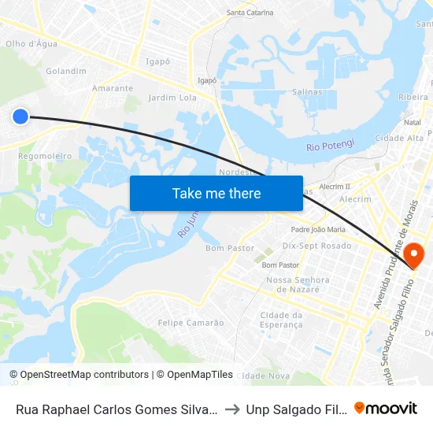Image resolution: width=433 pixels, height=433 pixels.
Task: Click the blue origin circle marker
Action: pyautogui.click(x=20, y=117)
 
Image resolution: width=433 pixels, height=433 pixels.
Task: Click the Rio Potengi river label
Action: pyautogui.click(x=331, y=145)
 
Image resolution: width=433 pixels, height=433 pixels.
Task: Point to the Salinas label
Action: pyautogui.click(x=306, y=92)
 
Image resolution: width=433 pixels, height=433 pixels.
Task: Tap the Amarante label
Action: pyautogui.click(x=112, y=88)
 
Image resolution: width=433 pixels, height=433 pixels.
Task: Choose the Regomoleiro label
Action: pyautogui.click(x=45, y=156)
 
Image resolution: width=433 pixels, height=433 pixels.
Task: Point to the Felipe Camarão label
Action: pyautogui.click(x=191, y=323)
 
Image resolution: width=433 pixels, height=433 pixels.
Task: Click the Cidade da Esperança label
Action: pyautogui.click(x=281, y=320)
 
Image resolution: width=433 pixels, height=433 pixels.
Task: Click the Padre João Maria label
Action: pyautogui.click(x=318, y=229)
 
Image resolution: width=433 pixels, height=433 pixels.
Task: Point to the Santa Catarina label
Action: pyautogui.click(x=250, y=13)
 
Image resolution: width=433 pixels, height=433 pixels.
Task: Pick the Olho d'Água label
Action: pyautogui.click(x=31, y=44)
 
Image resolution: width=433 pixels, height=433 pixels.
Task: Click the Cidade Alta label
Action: pyautogui.click(x=399, y=138)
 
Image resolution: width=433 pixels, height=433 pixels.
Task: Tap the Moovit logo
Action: pyautogui.click(x=386, y=408)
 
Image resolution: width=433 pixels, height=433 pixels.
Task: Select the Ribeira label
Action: pyautogui.click(x=413, y=96)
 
